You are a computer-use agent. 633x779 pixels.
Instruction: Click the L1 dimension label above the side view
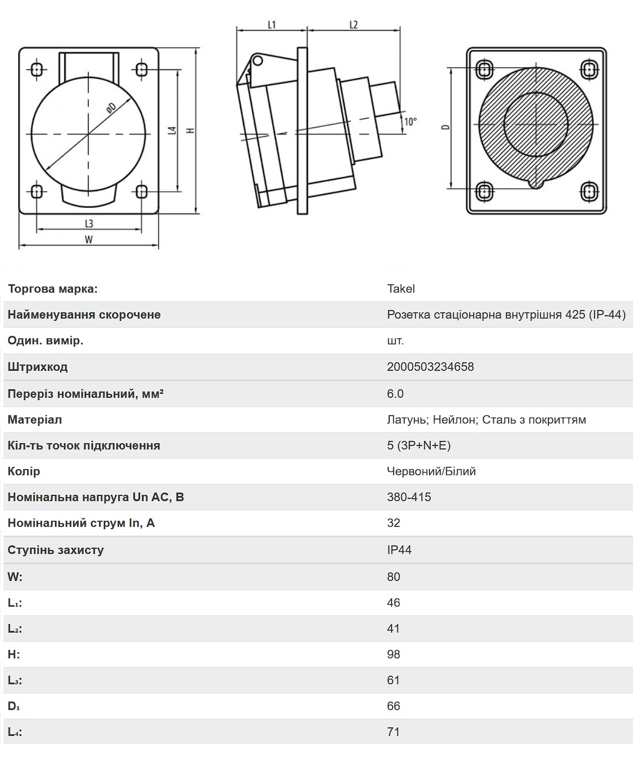[272, 25]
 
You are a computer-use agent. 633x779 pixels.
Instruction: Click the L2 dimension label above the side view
[353, 25]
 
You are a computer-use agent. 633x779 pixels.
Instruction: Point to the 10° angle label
[410, 122]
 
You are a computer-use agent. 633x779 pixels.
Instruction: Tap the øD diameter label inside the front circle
[111, 108]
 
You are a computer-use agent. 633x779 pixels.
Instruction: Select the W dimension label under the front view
[88, 239]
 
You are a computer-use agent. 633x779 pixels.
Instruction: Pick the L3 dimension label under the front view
[89, 223]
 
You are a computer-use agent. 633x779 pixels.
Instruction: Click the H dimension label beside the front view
[190, 130]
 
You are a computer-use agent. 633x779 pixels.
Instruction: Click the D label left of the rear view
[446, 127]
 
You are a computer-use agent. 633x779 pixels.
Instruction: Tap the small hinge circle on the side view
[257, 60]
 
